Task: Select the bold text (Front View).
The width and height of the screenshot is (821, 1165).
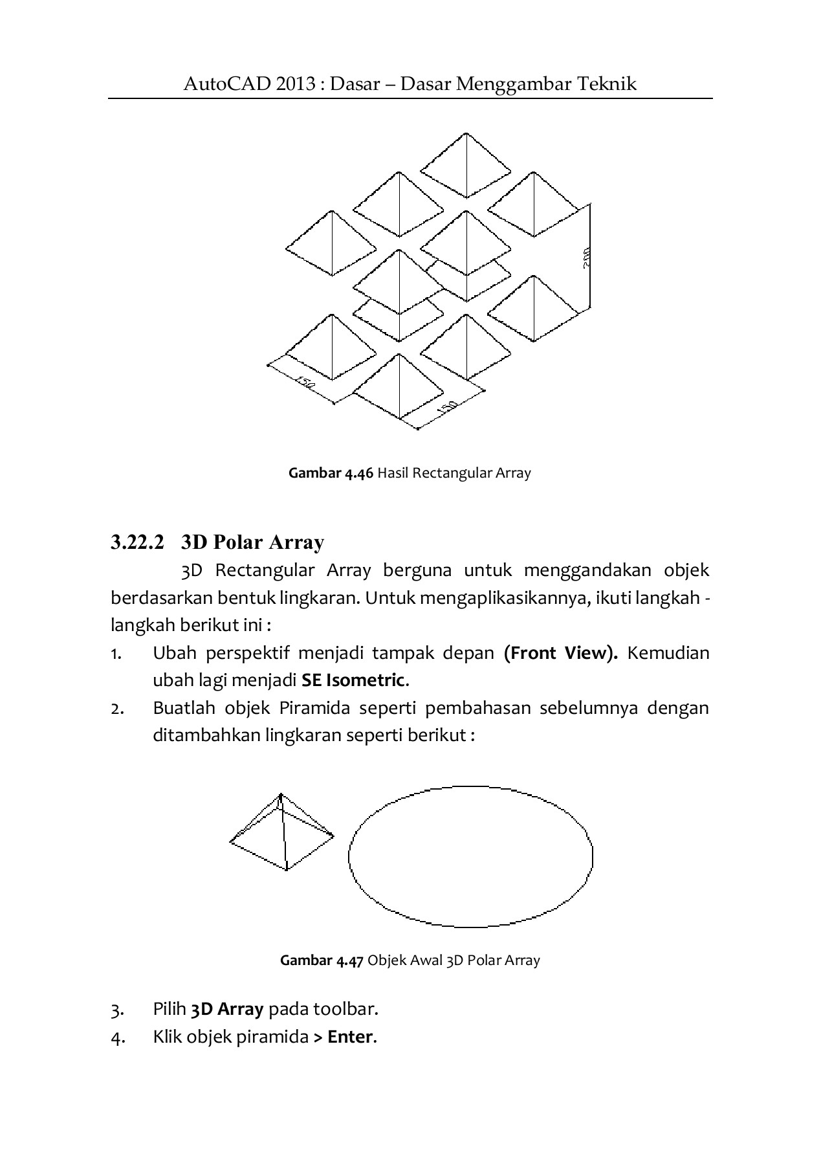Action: click(x=560, y=653)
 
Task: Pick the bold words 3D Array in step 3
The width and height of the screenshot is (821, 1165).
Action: click(x=227, y=1009)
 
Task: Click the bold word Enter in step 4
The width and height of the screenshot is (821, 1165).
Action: click(x=350, y=1037)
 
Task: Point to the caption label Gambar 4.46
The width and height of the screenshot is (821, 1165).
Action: click(x=331, y=473)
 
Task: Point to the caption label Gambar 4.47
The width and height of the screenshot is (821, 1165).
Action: click(x=322, y=960)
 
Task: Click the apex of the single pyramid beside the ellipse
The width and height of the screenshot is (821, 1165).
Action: click(x=280, y=795)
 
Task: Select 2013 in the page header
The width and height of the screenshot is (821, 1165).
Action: click(x=298, y=84)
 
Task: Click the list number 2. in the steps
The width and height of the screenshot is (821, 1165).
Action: click(x=116, y=709)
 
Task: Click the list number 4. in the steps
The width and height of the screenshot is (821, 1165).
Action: click(x=116, y=1037)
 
